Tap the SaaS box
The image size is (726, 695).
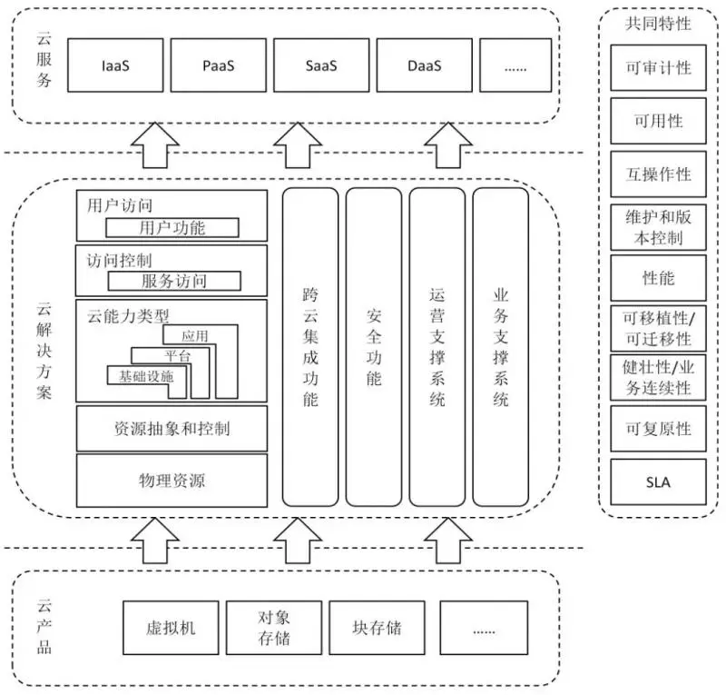tap(322, 65)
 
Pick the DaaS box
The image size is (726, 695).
tap(424, 65)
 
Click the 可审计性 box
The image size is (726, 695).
tap(658, 67)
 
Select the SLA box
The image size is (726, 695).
tap(658, 482)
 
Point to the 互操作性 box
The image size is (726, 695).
tap(658, 174)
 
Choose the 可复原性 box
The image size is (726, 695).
tap(658, 429)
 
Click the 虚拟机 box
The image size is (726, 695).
tap(171, 628)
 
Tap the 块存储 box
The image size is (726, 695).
tap(377, 628)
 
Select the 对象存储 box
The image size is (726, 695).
tap(273, 628)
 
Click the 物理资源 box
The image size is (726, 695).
tap(172, 481)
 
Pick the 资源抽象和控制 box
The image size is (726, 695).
tap(172, 428)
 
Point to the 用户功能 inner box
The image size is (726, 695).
tap(172, 227)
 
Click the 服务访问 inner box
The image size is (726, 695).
tap(173, 281)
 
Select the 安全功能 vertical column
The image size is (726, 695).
tap(373, 346)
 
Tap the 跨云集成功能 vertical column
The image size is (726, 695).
tap(310, 346)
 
